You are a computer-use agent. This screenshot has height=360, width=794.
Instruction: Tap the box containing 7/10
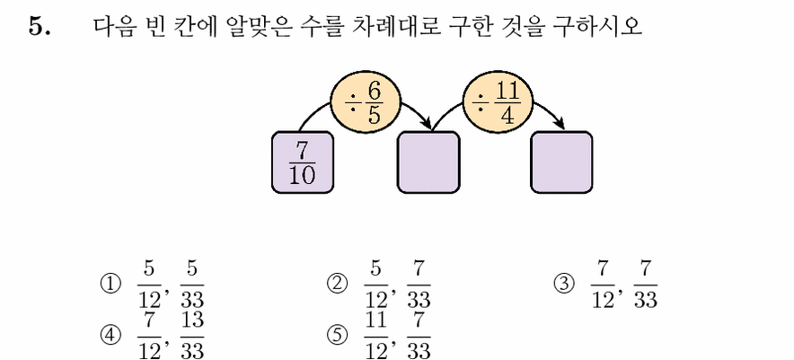303,162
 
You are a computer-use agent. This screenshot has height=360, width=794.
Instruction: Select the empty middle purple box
428,162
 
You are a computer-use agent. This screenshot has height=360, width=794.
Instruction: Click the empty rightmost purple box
561,162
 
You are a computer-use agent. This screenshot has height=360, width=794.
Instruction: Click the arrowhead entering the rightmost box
560,124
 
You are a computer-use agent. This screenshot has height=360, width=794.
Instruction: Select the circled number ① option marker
110,285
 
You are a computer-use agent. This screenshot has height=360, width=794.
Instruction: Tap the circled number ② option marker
337,285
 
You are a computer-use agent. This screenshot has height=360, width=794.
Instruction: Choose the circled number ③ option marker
564,285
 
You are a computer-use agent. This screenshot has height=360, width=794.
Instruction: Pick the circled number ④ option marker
110,335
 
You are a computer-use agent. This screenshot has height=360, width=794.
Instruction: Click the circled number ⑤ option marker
337,335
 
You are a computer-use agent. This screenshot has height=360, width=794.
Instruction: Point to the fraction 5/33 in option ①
192,285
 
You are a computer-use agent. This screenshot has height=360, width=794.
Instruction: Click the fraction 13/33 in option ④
192,335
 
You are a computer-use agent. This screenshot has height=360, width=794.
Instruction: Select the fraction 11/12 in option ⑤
375,335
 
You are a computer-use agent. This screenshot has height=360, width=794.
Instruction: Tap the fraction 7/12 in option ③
603,285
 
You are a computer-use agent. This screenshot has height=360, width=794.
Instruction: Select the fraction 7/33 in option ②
419,285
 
